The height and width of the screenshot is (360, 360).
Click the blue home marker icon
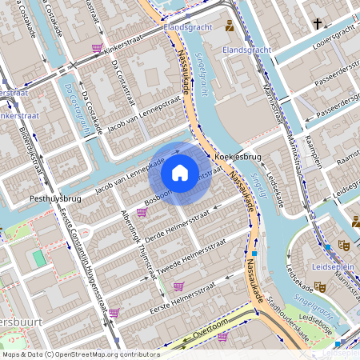pyautogui.click(x=180, y=172)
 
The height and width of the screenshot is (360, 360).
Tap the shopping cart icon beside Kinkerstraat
pyautogui.click(x=97, y=49)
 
